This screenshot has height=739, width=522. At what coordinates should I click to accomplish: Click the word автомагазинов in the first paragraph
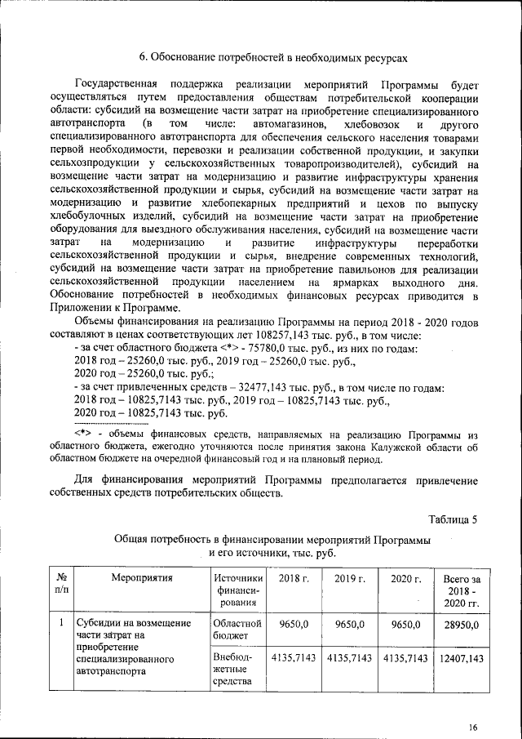pyautogui.click(x=290, y=123)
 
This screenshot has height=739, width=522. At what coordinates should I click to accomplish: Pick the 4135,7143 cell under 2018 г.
pyautogui.click(x=294, y=657)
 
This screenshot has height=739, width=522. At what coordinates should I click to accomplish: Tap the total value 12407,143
pyautogui.click(x=461, y=657)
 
